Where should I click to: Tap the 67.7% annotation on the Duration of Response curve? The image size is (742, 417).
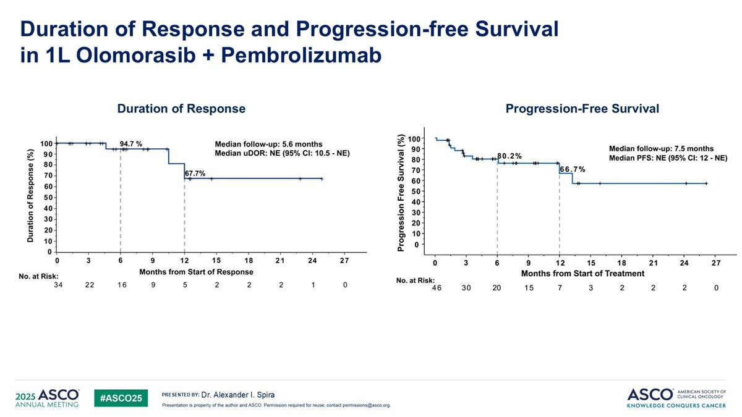[x=195, y=174]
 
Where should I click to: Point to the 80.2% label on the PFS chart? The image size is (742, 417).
[x=510, y=154]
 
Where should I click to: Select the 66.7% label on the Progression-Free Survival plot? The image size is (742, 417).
[x=573, y=169]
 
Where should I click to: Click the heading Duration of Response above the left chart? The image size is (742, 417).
[x=181, y=109]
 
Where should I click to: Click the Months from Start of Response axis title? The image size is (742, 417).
[x=196, y=272]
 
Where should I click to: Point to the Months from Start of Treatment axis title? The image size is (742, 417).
[x=582, y=273]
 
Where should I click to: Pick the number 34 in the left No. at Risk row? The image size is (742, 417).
[x=58, y=284]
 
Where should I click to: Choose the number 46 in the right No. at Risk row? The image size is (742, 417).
[x=437, y=288]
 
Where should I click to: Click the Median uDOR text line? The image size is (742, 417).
[x=282, y=153]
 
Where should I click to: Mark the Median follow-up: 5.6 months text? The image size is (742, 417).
[x=268, y=144]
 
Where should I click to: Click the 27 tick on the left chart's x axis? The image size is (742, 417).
[x=344, y=261]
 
